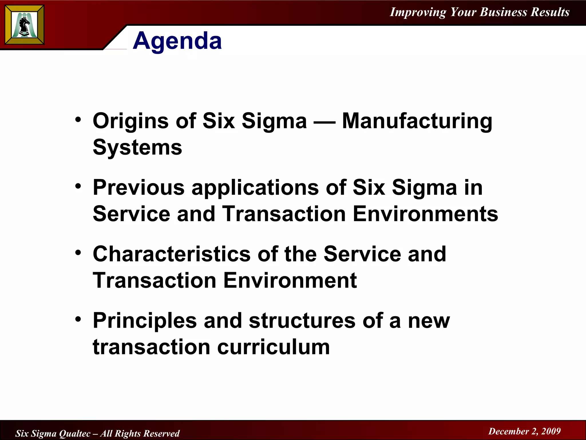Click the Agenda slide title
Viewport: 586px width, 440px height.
pos(177,41)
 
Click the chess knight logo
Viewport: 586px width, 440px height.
pos(24,25)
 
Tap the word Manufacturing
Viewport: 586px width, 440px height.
pos(417,121)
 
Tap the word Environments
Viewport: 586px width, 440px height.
pos(425,214)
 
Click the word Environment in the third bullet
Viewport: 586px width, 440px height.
pos(290,280)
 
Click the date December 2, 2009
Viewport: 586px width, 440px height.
pos(524,431)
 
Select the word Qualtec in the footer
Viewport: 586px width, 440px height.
pos(75,433)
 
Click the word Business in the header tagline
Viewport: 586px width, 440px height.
pos(503,12)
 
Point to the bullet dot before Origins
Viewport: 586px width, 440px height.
pos(78,119)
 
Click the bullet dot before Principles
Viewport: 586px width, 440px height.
pos(78,319)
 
